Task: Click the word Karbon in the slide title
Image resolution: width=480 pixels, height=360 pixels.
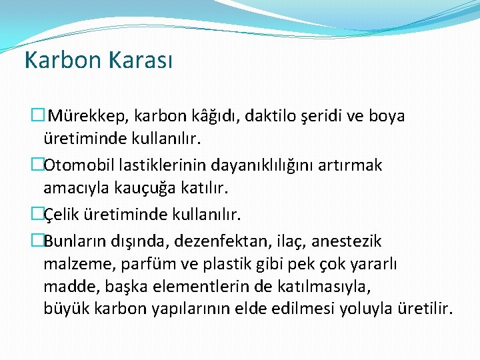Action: (57, 60)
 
